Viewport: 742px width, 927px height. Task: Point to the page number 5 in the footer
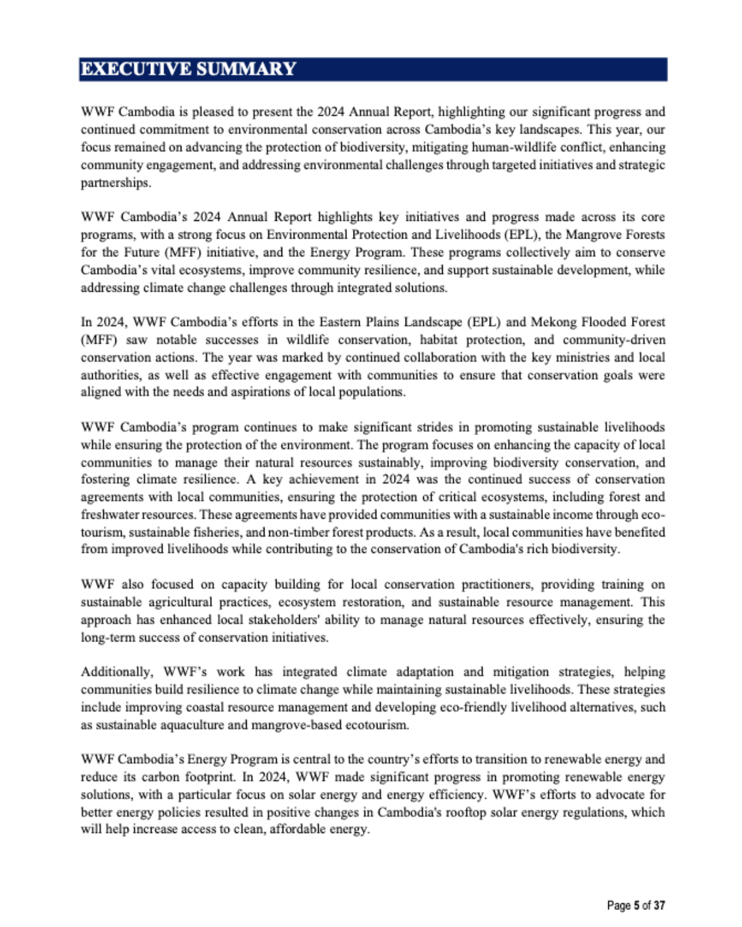click(x=636, y=905)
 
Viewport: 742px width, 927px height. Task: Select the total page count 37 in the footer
click(x=659, y=905)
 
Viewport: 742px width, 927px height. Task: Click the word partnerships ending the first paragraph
click(x=115, y=182)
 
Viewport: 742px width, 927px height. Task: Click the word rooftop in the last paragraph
click(x=465, y=812)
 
